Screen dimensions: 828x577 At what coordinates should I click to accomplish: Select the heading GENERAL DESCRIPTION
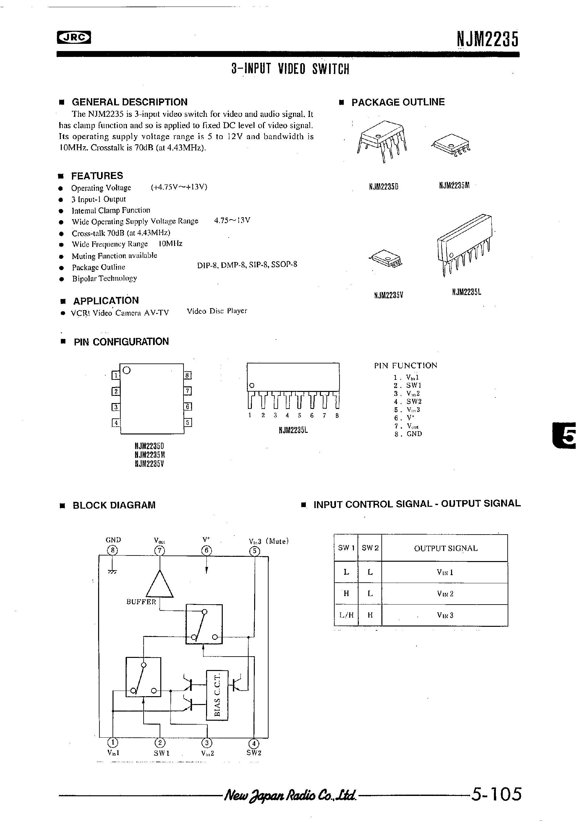130,102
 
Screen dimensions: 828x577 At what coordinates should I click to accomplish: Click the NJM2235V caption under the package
388,295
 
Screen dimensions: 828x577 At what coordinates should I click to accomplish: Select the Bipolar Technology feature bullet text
104,278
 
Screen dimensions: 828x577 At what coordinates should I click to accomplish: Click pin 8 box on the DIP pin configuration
187,376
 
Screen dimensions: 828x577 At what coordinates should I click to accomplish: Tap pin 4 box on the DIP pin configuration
116,422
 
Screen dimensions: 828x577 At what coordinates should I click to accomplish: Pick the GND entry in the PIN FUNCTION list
414,434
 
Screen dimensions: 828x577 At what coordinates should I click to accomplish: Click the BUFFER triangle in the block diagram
159,584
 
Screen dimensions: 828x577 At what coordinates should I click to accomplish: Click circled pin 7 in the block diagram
159,551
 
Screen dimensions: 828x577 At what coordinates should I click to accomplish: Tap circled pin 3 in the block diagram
207,743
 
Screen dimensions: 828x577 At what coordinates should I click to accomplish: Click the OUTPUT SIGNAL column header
446,549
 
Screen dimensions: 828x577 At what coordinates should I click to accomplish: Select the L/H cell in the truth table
346,615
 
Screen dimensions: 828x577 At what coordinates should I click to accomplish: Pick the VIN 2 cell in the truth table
445,593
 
